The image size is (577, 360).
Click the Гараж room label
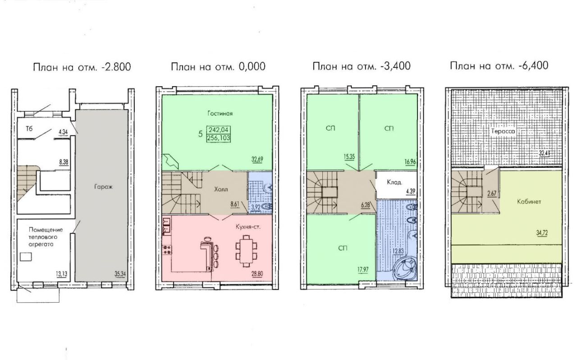pos(103,187)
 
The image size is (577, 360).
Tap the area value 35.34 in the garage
pos(120,274)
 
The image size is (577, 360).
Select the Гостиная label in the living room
pos(220,114)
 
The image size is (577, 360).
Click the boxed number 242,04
pos(219,129)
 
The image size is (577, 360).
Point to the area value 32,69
pos(257,159)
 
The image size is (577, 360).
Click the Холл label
pos(221,189)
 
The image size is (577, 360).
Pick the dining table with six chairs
pos(246,251)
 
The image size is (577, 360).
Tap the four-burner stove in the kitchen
pos(167,249)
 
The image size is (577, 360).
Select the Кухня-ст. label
pos(248,227)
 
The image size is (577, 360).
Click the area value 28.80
pos(257,274)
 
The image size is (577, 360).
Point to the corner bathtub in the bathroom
pos(405,270)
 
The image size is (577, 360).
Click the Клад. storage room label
pos(394,182)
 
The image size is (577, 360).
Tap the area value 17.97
pos(363,270)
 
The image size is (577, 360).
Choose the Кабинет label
pos(529,202)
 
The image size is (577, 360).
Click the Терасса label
pos(503,131)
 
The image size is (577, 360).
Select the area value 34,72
pos(542,233)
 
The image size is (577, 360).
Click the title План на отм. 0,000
pos(218,66)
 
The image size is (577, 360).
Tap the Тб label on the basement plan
pos(29,129)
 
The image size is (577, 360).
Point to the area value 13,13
pos(62,274)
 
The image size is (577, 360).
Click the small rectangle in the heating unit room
pos(26,257)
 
